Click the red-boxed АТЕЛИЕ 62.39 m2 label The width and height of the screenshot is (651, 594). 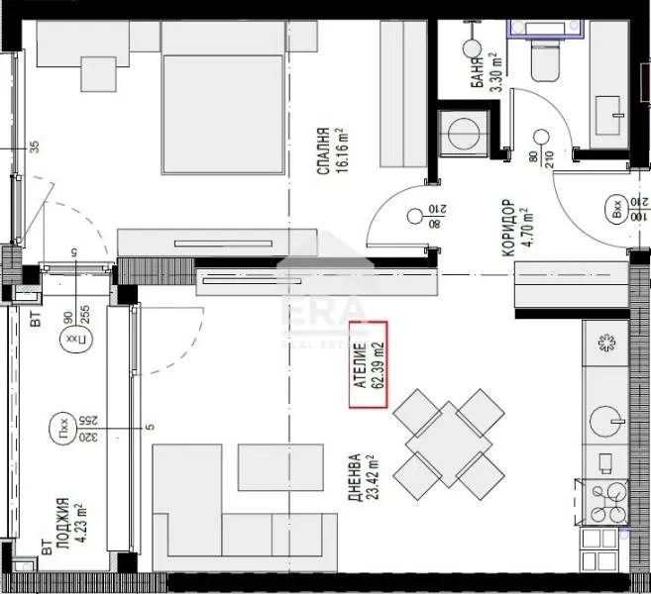[370, 366]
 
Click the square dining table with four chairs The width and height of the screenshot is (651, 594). [449, 443]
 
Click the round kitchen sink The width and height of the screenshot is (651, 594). [604, 423]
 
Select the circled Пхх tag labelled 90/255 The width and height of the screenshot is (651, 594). [70, 340]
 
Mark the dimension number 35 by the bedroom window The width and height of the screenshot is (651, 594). [34, 148]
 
